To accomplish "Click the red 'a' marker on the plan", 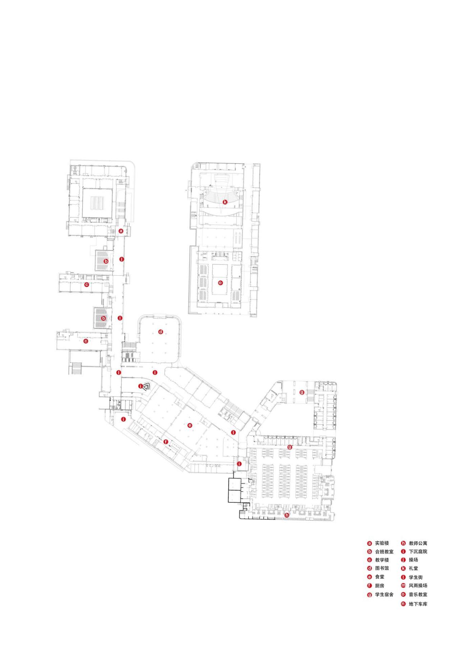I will pyautogui.click(x=121, y=231).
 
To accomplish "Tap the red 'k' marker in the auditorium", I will pyautogui.click(x=225, y=202).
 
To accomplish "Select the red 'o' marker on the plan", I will pyautogui.click(x=220, y=283).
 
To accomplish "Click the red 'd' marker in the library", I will pyautogui.click(x=161, y=332).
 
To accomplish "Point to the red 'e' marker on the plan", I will pyautogui.click(x=190, y=425).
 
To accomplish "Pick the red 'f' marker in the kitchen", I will pyautogui.click(x=166, y=442).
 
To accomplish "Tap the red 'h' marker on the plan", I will pyautogui.click(x=287, y=515).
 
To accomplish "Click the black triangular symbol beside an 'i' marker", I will pyautogui.click(x=146, y=387).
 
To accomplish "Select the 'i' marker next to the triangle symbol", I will pyautogui.click(x=141, y=386).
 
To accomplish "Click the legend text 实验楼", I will pyautogui.click(x=382, y=543).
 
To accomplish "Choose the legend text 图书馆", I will pyautogui.click(x=382, y=568).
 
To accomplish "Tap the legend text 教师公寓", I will pyautogui.click(x=418, y=543).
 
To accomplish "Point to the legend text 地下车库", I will pyautogui.click(x=418, y=604).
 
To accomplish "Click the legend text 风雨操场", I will pyautogui.click(x=418, y=585).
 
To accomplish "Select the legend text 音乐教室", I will pyautogui.click(x=418, y=595).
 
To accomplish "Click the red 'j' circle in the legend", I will pyautogui.click(x=403, y=560).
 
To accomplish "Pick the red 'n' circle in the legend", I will pyautogui.click(x=403, y=604).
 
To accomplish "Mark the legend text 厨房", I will pyautogui.click(x=379, y=586).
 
